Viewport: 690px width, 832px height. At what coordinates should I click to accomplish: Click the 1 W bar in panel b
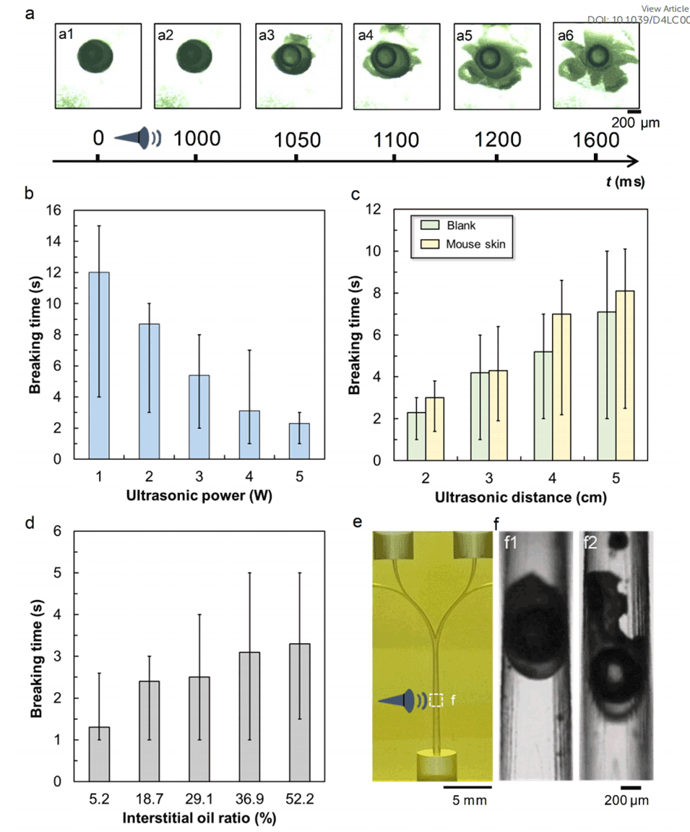pos(98,365)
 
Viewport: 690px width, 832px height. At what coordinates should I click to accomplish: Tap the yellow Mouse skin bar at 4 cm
pos(561,387)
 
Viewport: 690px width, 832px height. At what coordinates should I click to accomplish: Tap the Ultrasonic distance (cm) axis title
pos(520,497)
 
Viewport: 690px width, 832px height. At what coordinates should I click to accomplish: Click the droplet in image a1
pos(94,58)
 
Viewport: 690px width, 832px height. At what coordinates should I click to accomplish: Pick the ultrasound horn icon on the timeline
pos(139,137)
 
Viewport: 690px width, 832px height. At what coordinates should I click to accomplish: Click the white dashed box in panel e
pos(436,700)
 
